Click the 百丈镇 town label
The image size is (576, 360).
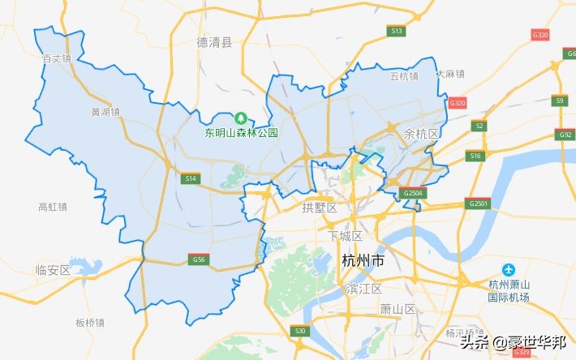(x=57, y=58)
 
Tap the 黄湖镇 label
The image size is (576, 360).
(x=105, y=112)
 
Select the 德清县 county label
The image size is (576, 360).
(x=214, y=42)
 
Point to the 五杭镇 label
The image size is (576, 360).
(x=404, y=76)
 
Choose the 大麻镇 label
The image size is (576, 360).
(x=450, y=74)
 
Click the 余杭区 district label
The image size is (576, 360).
(x=421, y=133)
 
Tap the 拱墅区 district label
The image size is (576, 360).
(x=318, y=208)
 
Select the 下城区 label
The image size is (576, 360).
(x=344, y=236)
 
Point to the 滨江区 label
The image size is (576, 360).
(x=363, y=289)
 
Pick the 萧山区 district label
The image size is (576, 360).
(x=398, y=309)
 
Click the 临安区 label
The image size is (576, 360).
(x=54, y=270)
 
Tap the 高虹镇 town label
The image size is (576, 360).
(x=53, y=207)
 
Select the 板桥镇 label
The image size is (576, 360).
(x=90, y=322)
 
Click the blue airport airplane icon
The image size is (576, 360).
(x=509, y=269)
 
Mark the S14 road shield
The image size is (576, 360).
(x=191, y=178)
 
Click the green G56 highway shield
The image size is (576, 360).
(x=198, y=259)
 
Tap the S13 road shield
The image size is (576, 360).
(x=396, y=31)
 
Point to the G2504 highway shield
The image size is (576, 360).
(x=413, y=194)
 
